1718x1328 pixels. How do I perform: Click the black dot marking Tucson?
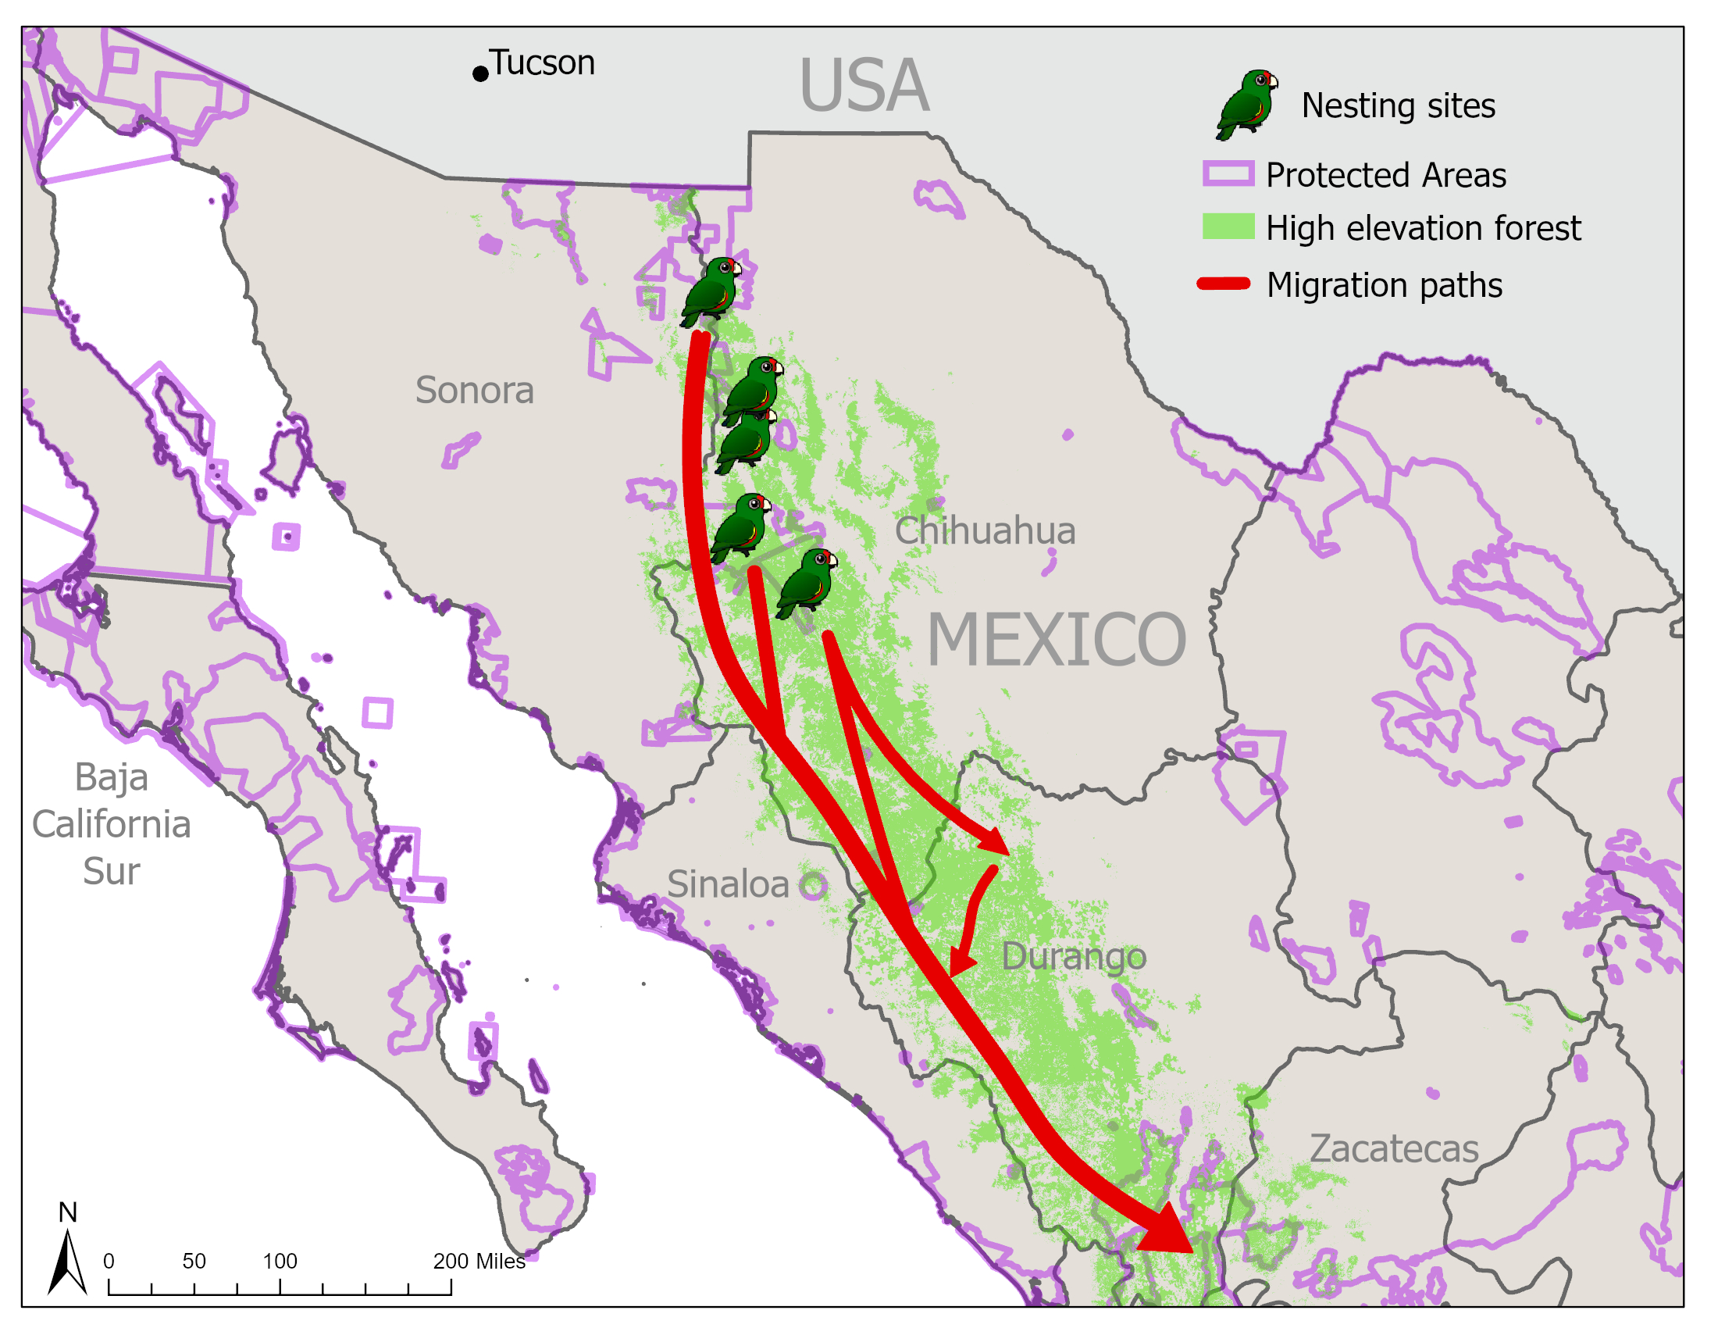[479, 74]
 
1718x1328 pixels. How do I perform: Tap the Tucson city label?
[543, 63]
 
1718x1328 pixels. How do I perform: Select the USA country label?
[864, 86]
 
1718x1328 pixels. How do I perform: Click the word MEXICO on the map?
[1056, 640]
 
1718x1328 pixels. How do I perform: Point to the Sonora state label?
[474, 391]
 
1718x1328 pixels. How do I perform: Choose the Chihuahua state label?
[984, 530]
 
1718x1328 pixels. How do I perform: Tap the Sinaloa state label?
[728, 884]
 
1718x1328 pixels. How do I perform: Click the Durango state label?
[1073, 957]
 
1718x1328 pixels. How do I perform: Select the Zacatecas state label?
[1393, 1148]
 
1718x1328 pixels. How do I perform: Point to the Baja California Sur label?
[112, 823]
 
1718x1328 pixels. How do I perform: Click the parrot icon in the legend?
[1247, 105]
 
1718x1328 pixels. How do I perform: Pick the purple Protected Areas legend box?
[1228, 174]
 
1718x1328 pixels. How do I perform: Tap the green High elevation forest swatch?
[1228, 227]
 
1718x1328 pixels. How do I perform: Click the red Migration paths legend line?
[1223, 284]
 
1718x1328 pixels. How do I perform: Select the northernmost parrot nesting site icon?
[711, 291]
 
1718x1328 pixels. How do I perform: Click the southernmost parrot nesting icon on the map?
[807, 583]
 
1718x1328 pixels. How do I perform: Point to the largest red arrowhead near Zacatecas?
[1168, 1230]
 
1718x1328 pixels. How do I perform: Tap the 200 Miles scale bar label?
[478, 1261]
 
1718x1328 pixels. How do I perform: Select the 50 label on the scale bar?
[194, 1261]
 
